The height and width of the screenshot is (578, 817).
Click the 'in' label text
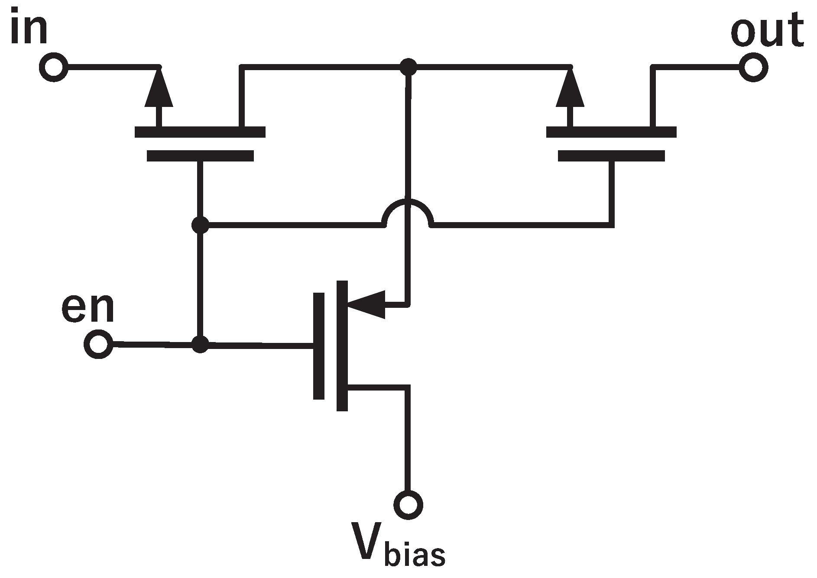[x=29, y=27]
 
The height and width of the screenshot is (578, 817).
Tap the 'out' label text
[x=766, y=31]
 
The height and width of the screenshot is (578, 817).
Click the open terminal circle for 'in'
[x=54, y=68]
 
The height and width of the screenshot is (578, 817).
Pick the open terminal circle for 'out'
[x=754, y=68]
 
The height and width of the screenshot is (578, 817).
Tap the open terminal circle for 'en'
[x=99, y=344]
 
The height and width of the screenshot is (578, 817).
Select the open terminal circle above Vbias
[x=408, y=504]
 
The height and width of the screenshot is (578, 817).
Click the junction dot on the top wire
[x=408, y=67]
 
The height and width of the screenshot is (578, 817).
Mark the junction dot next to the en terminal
[x=200, y=345]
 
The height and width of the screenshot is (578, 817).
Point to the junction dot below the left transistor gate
[x=200, y=225]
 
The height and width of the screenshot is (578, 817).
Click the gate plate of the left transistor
[x=200, y=156]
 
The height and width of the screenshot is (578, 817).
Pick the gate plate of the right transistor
[x=611, y=156]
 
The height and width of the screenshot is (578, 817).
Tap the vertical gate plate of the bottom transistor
[x=318, y=345]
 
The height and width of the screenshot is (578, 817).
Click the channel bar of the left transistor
[x=200, y=132]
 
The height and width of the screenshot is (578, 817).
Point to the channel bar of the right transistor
[x=611, y=132]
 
